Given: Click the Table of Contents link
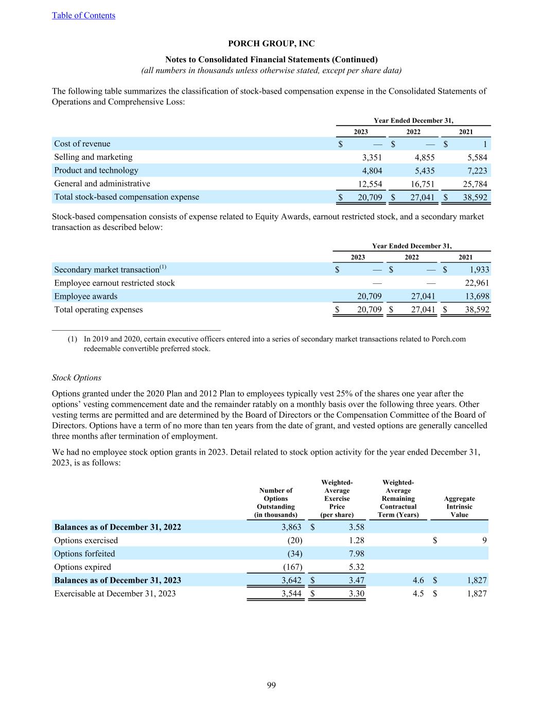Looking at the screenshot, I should pyautogui.click(x=83, y=15).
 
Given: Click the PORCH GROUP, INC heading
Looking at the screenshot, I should pyautogui.click(x=271, y=44).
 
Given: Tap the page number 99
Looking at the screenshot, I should pyautogui.click(x=271, y=685).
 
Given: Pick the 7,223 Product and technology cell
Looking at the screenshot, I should pyautogui.click(x=476, y=171).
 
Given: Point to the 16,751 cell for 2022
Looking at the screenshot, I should pyautogui.click(x=421, y=184).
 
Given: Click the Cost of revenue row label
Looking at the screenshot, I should pyautogui.click(x=82, y=144).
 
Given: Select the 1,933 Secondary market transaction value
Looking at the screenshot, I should pyautogui.click(x=479, y=269).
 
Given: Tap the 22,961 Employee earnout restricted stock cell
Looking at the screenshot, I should pyautogui.click(x=476, y=283).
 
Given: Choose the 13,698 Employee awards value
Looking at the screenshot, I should pyautogui.click(x=476, y=296).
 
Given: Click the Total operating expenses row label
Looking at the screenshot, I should pyautogui.click(x=99, y=310).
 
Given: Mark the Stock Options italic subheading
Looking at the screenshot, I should pyautogui.click(x=77, y=377).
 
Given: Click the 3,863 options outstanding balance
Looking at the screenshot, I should pyautogui.click(x=291, y=527).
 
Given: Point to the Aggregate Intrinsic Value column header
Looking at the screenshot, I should pyautogui.click(x=459, y=507).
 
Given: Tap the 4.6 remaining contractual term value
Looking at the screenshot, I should pyautogui.click(x=418, y=581).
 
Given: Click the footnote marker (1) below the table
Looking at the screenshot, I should pyautogui.click(x=73, y=339).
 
